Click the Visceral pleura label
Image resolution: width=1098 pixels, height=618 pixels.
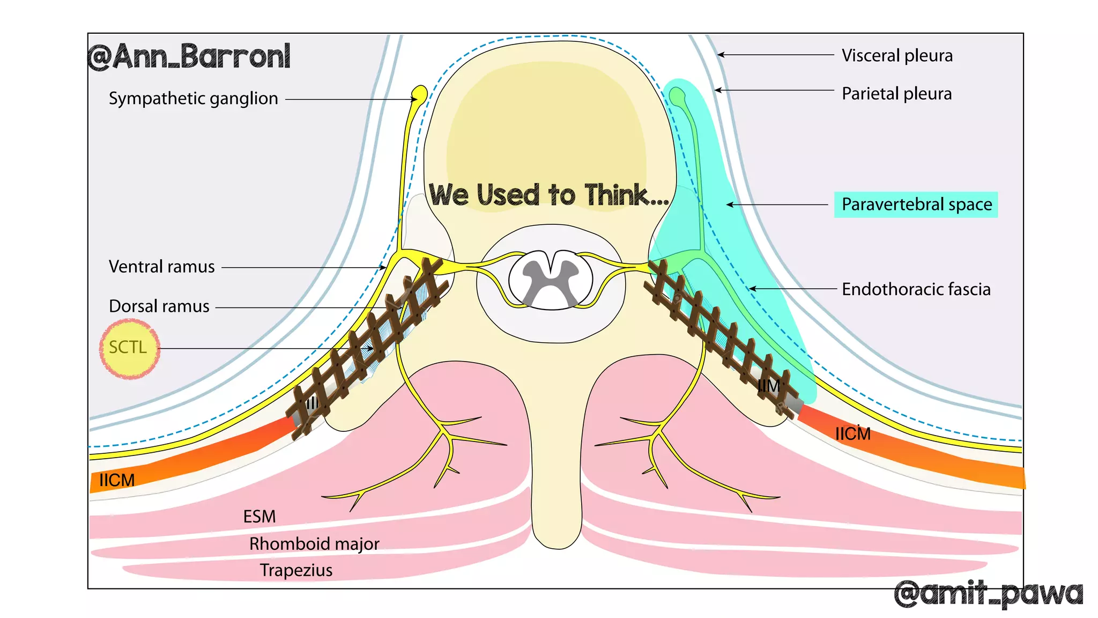897,55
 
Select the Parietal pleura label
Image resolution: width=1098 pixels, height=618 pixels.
896,93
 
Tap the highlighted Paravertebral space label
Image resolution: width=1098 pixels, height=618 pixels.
916,204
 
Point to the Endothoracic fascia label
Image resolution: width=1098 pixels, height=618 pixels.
916,289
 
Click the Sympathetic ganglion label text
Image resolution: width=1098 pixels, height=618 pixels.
193,98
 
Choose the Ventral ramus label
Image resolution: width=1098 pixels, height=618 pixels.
161,267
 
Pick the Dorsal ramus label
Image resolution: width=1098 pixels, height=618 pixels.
159,306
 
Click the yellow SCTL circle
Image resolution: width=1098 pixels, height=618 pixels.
129,349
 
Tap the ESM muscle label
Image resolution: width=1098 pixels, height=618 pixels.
259,516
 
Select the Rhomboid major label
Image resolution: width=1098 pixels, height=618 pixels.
314,543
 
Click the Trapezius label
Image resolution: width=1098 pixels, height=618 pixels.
296,570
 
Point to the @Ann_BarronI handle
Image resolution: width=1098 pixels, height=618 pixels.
189,56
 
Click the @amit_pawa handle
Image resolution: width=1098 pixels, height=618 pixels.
988,594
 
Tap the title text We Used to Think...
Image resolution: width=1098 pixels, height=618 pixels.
548,195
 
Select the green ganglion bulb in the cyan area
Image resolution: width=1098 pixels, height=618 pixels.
677,97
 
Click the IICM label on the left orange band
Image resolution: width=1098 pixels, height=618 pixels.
117,480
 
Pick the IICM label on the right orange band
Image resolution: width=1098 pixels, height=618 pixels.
852,433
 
